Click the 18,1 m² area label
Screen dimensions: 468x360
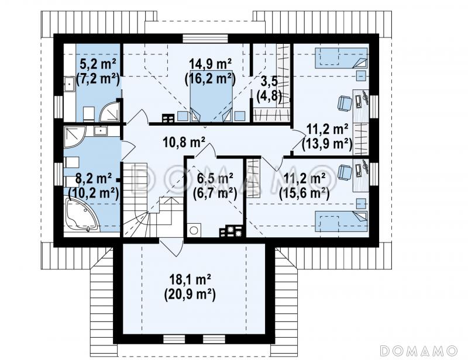tap(191, 280)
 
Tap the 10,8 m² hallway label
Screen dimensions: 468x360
tap(184, 142)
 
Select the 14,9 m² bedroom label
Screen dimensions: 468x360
tap(211, 63)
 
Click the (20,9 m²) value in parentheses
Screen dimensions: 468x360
tap(190, 295)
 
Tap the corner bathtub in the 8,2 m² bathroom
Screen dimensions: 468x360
tap(82, 215)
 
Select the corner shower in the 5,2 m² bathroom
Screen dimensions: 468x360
tap(110, 111)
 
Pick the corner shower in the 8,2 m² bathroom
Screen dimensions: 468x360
tap(75, 137)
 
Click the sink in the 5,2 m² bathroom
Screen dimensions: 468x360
tap(69, 83)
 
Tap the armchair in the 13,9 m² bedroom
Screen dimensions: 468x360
tap(345, 103)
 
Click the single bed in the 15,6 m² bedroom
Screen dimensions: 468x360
tap(341, 221)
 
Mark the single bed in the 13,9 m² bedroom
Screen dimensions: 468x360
tap(341, 57)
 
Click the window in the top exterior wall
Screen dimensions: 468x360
tap(206, 39)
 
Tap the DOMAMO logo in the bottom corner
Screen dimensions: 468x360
tap(419, 351)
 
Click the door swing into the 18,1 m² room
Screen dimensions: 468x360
tap(171, 248)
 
